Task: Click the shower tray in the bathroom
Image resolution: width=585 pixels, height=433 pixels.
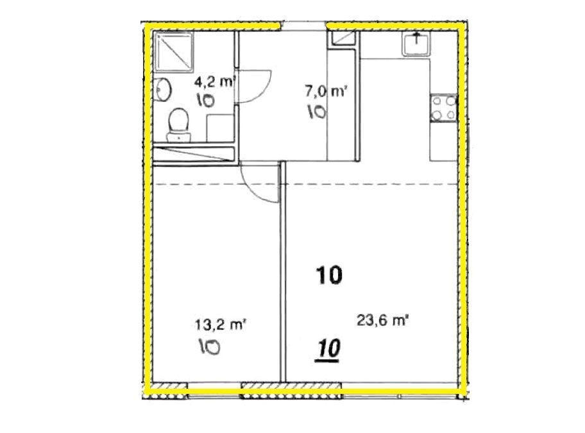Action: pyautogui.click(x=174, y=51)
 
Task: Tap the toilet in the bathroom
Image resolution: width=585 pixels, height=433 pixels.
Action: pyautogui.click(x=178, y=124)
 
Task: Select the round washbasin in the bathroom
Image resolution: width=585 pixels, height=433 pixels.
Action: pyautogui.click(x=162, y=89)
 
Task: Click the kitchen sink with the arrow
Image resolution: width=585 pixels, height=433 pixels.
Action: pyautogui.click(x=416, y=44)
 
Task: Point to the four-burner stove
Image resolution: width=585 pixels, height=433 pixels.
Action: pyautogui.click(x=443, y=108)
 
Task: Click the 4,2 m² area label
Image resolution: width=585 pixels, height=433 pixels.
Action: pyautogui.click(x=216, y=81)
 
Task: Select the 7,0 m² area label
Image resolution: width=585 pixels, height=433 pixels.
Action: pyautogui.click(x=326, y=91)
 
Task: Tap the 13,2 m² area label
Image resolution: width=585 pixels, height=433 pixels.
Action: pyautogui.click(x=220, y=325)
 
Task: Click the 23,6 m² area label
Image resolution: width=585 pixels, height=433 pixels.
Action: pyautogui.click(x=382, y=321)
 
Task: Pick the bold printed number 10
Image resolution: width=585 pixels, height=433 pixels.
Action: pyautogui.click(x=328, y=275)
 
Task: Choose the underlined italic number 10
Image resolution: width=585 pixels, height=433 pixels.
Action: pyautogui.click(x=328, y=350)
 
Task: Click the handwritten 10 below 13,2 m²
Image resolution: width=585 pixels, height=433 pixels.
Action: pyautogui.click(x=209, y=346)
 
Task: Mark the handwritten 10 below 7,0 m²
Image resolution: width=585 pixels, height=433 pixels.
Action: pyautogui.click(x=317, y=112)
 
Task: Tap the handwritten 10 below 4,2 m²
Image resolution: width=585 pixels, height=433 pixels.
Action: pyautogui.click(x=205, y=100)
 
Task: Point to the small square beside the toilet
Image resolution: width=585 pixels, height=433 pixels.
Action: pyautogui.click(x=220, y=128)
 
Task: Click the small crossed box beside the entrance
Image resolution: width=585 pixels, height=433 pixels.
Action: pyautogui.click(x=341, y=38)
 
